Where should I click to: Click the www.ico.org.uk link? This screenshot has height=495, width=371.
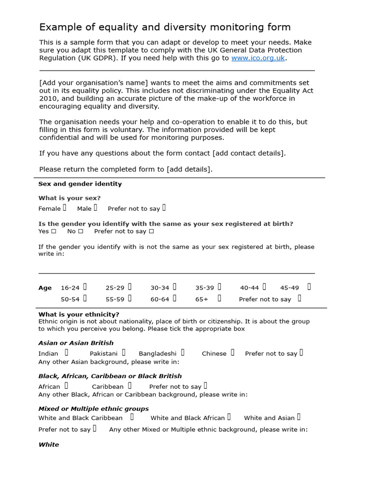pyautogui.click(x=258, y=58)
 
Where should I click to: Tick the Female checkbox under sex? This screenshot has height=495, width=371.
pyautogui.click(x=65, y=208)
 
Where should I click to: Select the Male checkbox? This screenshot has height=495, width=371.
pyautogui.click(x=96, y=208)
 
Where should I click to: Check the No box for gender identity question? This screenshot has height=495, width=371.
pyautogui.click(x=81, y=232)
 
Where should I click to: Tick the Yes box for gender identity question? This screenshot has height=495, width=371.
pyautogui.click(x=54, y=232)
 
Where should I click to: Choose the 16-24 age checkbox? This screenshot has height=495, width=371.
pyautogui.click(x=85, y=287)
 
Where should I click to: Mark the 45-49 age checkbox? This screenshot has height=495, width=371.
pyautogui.click(x=309, y=287)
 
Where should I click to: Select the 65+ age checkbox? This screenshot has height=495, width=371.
pyautogui.click(x=219, y=298)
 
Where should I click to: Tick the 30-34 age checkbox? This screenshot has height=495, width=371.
pyautogui.click(x=174, y=287)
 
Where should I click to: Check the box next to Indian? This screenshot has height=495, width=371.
pyautogui.click(x=67, y=352)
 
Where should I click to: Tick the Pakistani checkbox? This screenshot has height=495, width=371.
pyautogui.click(x=124, y=352)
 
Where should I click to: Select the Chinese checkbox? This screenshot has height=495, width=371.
pyautogui.click(x=232, y=352)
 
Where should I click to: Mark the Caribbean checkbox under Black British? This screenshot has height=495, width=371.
pyautogui.click(x=129, y=385)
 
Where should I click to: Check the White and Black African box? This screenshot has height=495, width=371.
pyautogui.click(x=229, y=417)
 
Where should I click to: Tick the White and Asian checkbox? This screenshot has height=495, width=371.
pyautogui.click(x=299, y=417)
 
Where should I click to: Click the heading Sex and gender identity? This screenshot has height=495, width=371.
pyautogui.click(x=80, y=184)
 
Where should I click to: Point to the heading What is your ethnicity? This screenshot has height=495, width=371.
pyautogui.click(x=79, y=314)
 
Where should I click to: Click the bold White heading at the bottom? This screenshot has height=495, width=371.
pyautogui.click(x=49, y=445)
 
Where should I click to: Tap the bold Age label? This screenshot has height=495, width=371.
pyautogui.click(x=45, y=288)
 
